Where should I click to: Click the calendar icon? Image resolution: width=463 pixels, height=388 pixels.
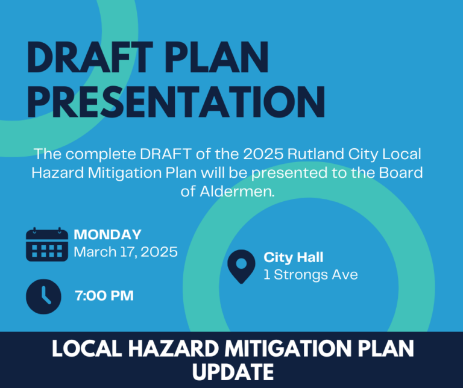47,245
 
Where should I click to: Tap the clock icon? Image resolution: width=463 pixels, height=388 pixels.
43,296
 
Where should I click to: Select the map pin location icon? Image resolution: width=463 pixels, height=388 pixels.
241,266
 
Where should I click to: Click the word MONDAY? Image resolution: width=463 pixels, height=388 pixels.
107,235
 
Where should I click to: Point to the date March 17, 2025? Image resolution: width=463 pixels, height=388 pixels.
125,252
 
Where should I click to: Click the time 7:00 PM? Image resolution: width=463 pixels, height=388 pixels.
104,296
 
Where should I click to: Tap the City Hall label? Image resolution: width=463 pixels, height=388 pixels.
294,258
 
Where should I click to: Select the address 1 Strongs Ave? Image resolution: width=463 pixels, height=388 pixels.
310,275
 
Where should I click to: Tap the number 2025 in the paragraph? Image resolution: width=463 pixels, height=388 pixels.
263,154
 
